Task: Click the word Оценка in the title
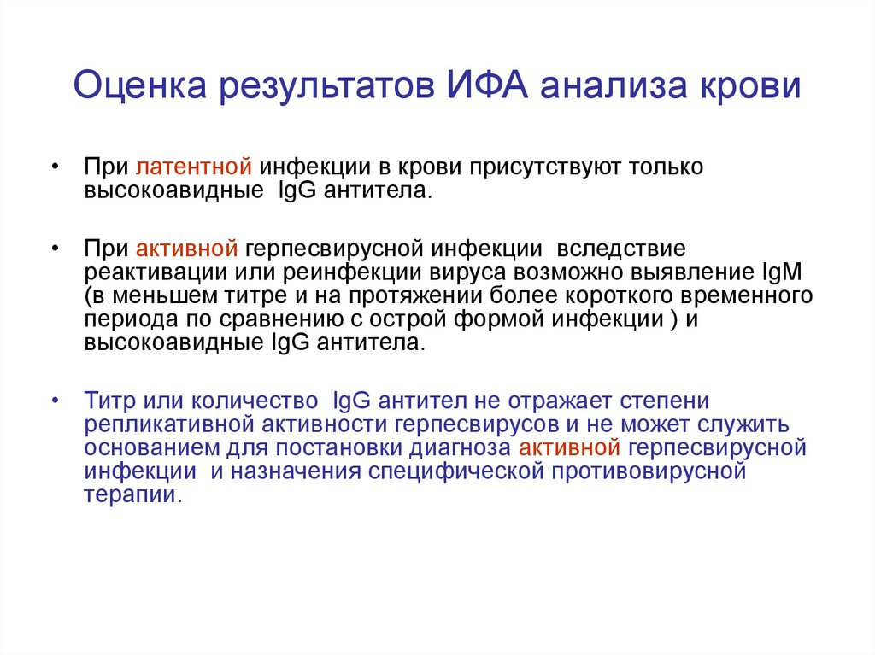point(140,85)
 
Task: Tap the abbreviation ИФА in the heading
point(487,85)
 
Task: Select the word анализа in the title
point(612,86)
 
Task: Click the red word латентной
point(194,167)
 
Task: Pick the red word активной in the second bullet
point(187,249)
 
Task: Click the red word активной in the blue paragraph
point(570,447)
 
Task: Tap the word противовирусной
point(649,471)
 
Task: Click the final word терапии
point(133,495)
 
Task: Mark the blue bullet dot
point(55,401)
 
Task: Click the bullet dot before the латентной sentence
point(55,167)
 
